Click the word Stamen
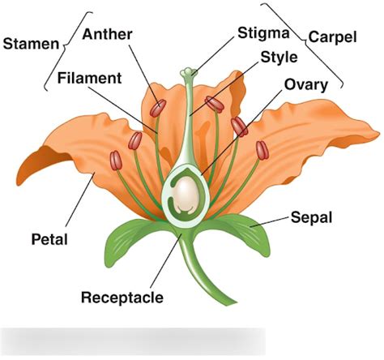(30, 44)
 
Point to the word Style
(278, 58)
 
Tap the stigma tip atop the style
(188, 72)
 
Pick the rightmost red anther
(262, 150)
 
